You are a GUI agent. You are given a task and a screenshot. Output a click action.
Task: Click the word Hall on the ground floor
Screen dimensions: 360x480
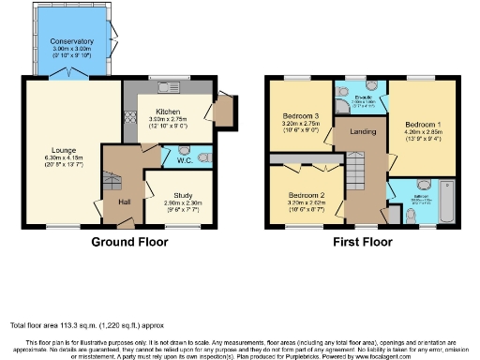pyautogui.click(x=123, y=202)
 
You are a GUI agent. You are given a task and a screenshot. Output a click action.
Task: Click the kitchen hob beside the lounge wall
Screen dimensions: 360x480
pyautogui.click(x=128, y=122)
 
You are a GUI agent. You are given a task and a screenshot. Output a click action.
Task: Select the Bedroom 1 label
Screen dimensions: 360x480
pyautogui.click(x=423, y=125)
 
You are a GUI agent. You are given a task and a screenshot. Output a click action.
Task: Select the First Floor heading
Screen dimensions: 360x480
pyautogui.click(x=361, y=242)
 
